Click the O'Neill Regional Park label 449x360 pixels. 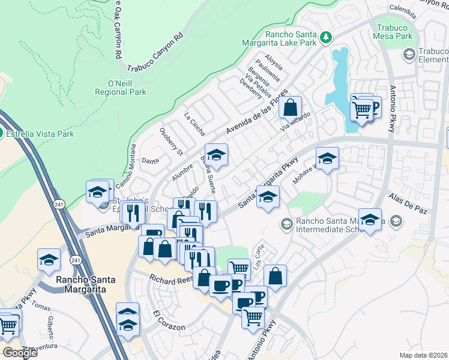[x=120, y=88]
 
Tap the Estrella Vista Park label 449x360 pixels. [x=40, y=134]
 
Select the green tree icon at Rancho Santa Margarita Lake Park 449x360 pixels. [x=325, y=37]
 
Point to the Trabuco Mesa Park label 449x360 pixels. [x=395, y=32]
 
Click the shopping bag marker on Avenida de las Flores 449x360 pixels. [x=291, y=109]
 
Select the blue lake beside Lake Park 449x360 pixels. [x=342, y=84]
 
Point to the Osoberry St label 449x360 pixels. [x=170, y=141]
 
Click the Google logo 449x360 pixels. [x=20, y=353]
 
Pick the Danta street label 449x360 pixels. [x=149, y=161]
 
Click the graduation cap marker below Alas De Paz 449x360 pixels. [x=370, y=219]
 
